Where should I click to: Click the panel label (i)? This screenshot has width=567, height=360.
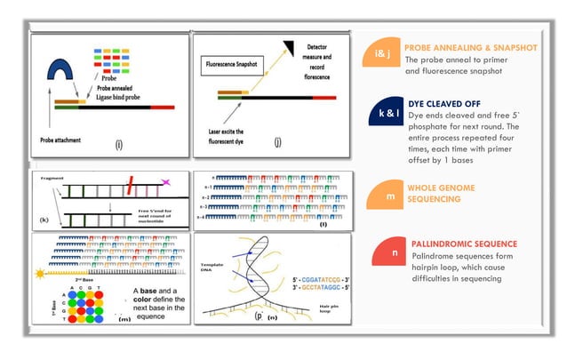pos(118,143)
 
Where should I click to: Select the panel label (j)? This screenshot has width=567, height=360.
pos(278,143)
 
